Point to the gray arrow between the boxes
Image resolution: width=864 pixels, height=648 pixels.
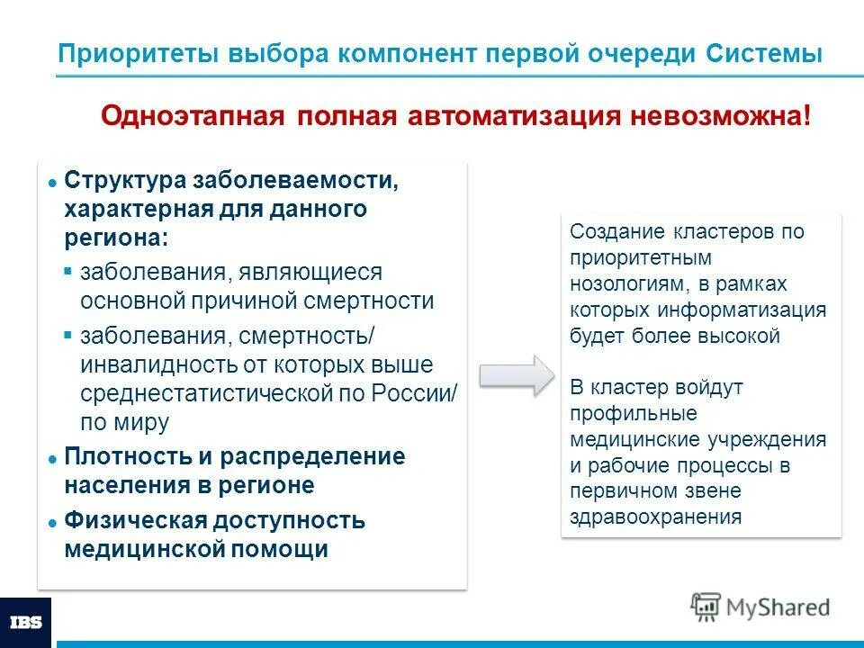point(518,373)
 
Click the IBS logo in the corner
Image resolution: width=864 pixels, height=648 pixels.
point(25,622)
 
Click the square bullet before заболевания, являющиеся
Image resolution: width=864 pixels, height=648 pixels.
point(68,271)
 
